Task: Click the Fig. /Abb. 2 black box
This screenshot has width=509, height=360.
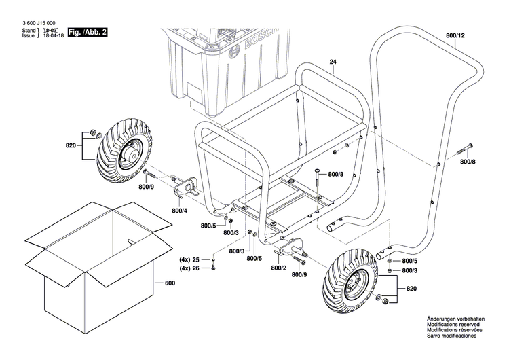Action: pos(86,32)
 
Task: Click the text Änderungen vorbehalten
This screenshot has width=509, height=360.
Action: pos(455,319)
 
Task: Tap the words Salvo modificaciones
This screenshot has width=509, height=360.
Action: pos(452,336)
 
